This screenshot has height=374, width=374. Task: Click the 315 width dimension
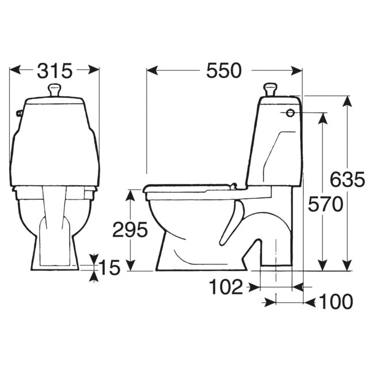[x=55, y=71]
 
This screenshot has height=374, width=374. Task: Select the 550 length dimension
[x=224, y=71]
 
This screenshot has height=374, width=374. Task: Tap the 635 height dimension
[x=348, y=180]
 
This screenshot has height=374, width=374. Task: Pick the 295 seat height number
[x=130, y=230]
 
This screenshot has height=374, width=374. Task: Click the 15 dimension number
[x=109, y=268]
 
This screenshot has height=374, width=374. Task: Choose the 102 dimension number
[x=226, y=287]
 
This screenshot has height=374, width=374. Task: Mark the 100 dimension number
[x=336, y=302]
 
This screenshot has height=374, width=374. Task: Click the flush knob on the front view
[x=55, y=90]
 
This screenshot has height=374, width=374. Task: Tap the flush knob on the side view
[x=270, y=89]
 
